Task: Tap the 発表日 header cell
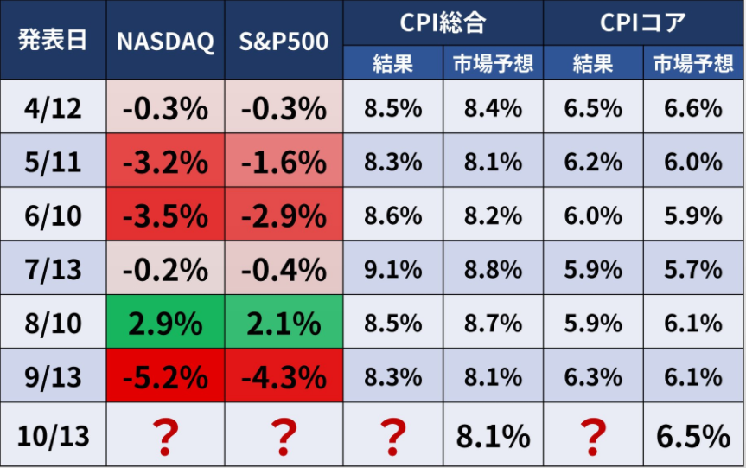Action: (x=53, y=41)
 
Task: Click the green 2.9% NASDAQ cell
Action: (x=165, y=324)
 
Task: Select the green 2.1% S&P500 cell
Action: (x=284, y=324)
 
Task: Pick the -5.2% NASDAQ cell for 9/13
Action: (x=165, y=377)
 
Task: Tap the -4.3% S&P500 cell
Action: (x=284, y=377)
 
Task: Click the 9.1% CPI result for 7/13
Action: (x=393, y=269)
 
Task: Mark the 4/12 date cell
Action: (x=53, y=108)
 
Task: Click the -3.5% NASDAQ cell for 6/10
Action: (x=165, y=215)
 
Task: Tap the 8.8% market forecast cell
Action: (x=493, y=269)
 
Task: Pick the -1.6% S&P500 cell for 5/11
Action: (x=284, y=162)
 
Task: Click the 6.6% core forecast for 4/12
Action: (x=693, y=108)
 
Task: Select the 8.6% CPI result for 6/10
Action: (x=393, y=215)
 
